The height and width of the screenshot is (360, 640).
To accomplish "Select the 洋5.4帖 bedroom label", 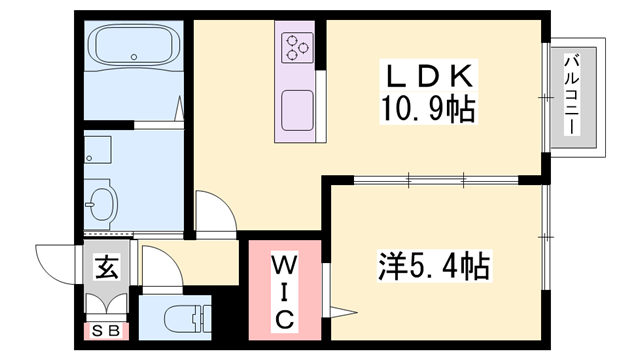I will [x=433, y=267].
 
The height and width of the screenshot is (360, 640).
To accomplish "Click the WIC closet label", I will [x=284, y=291].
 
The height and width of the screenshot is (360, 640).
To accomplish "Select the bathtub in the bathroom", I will [x=135, y=46].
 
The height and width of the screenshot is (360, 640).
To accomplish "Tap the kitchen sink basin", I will [x=297, y=107].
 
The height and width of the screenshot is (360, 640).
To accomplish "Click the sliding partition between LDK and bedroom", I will [x=437, y=181].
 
